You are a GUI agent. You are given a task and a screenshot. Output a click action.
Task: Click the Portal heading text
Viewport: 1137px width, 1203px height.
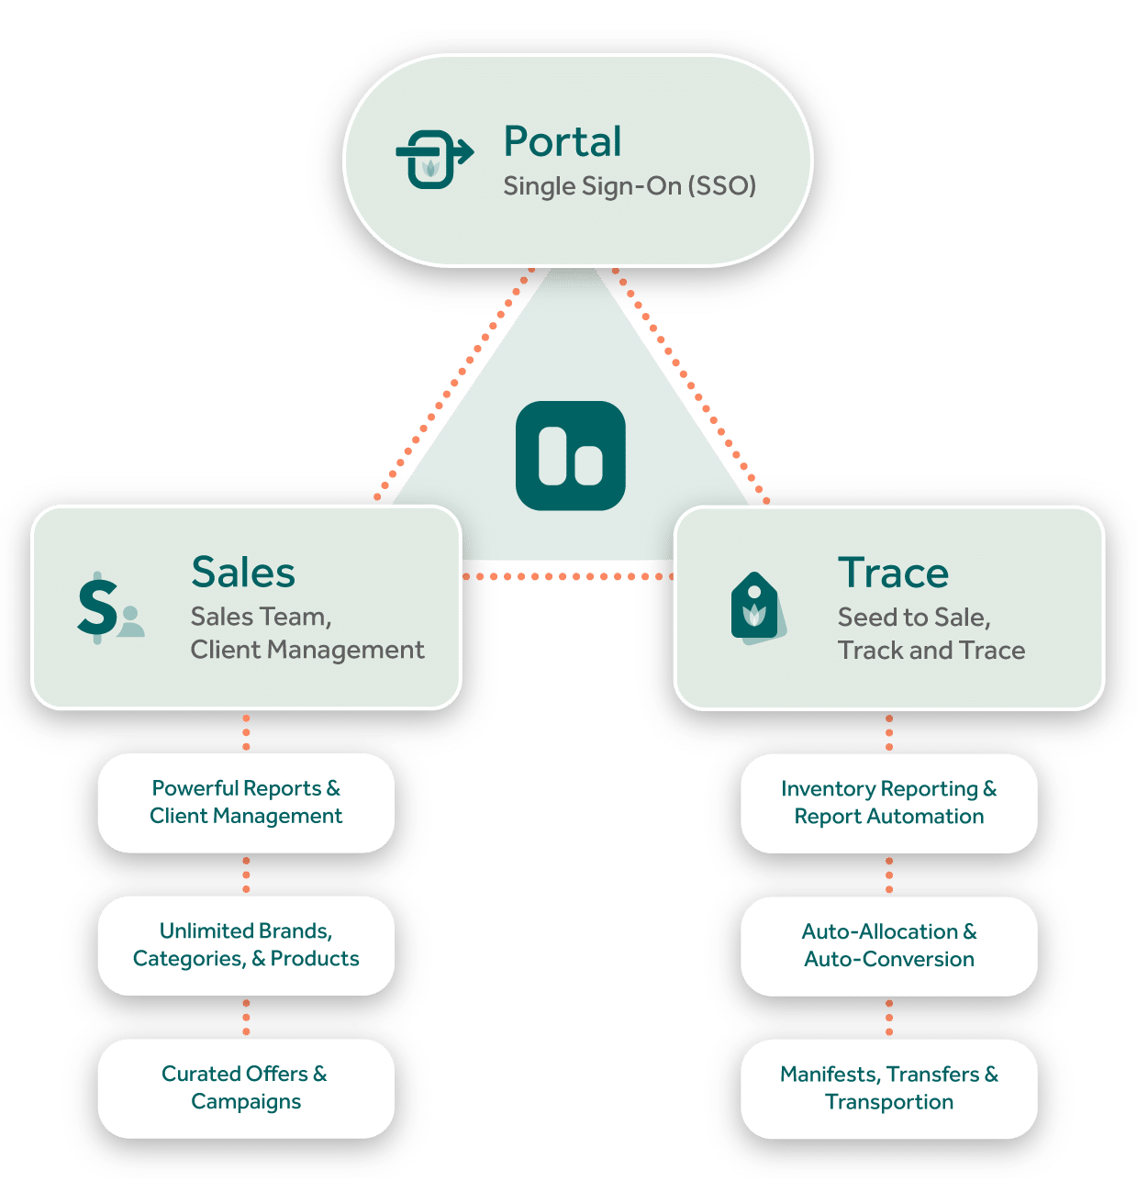(x=563, y=142)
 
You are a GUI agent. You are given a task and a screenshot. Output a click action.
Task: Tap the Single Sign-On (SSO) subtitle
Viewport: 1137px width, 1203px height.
(x=630, y=186)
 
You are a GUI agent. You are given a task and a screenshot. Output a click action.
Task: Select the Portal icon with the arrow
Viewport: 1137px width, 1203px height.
(x=433, y=159)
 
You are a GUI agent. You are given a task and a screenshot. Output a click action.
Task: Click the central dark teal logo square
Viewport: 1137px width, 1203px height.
(x=570, y=455)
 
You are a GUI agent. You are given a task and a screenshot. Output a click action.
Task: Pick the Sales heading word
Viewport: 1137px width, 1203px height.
(x=243, y=573)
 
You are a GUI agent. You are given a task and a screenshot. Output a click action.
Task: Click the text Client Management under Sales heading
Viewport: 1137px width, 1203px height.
(x=307, y=650)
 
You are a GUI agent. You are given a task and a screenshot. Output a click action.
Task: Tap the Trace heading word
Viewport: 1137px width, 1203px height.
(x=893, y=573)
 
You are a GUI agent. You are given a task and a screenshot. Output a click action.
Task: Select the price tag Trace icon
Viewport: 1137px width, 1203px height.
(x=757, y=608)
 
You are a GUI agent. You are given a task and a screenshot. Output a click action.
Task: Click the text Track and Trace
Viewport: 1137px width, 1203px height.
(x=931, y=650)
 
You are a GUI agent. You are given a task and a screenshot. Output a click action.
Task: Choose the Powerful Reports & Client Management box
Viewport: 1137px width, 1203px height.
(x=246, y=803)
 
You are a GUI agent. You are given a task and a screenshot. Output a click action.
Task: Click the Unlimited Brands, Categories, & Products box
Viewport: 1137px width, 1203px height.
(x=246, y=945)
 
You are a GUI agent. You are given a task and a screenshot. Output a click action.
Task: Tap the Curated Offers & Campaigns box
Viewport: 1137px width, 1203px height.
(x=246, y=1087)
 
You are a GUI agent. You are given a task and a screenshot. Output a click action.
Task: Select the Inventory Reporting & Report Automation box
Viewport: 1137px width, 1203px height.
(x=888, y=803)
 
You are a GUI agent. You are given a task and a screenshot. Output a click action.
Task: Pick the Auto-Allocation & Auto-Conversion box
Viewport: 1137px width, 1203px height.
(x=888, y=945)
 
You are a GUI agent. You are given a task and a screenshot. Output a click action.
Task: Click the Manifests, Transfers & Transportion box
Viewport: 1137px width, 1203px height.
(x=888, y=1088)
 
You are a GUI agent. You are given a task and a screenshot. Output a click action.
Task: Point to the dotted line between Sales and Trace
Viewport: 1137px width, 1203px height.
(x=567, y=576)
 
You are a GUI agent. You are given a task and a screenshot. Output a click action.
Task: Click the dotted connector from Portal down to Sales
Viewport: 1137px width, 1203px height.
(x=454, y=384)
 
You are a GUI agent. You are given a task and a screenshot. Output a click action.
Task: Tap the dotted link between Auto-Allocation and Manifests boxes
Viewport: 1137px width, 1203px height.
(x=888, y=1018)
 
